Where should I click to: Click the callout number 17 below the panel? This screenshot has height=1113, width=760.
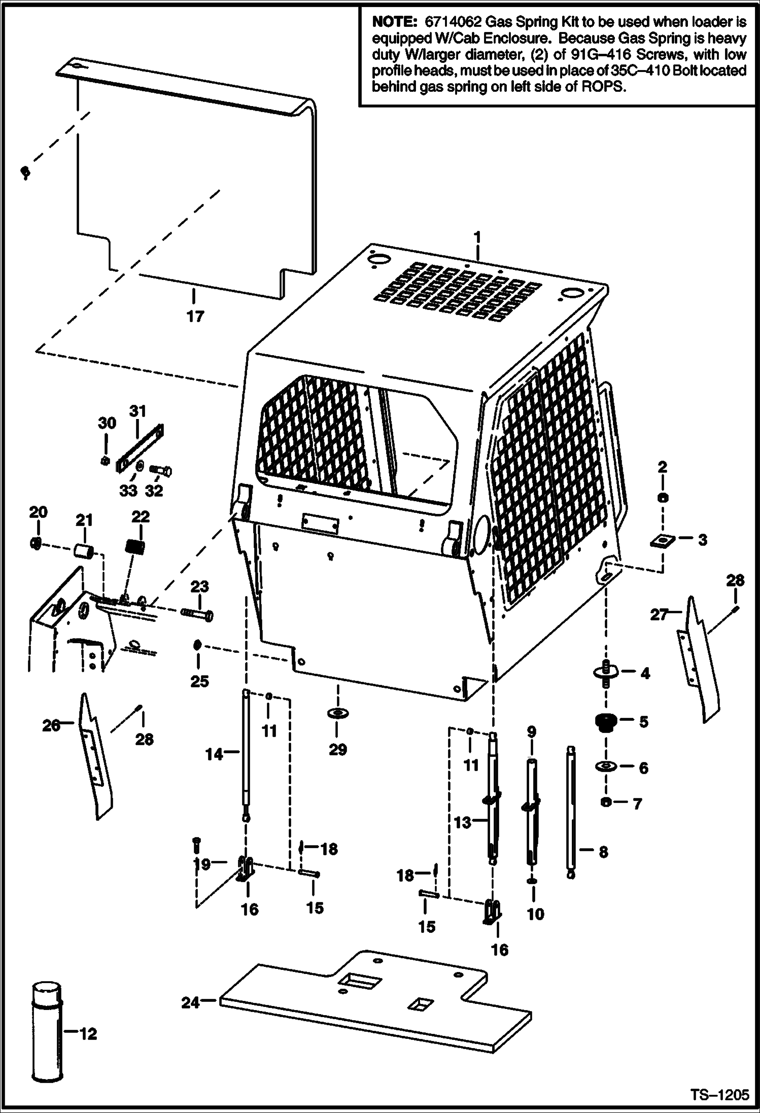click(x=195, y=317)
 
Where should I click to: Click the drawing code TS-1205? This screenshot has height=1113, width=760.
click(x=719, y=1095)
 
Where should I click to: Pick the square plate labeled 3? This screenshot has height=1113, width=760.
click(x=662, y=541)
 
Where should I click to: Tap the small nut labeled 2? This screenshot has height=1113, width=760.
click(x=662, y=498)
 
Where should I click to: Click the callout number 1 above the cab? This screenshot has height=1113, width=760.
click(x=477, y=237)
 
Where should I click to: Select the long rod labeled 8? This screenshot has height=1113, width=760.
click(x=571, y=811)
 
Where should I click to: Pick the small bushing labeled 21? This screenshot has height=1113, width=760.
click(x=85, y=551)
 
